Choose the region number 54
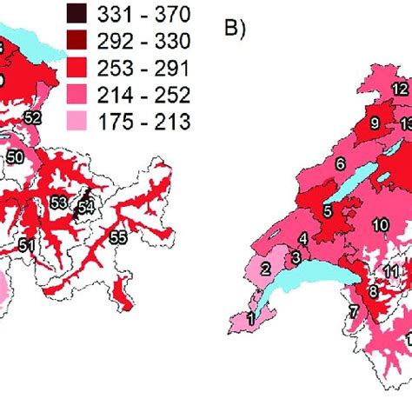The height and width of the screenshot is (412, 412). [85, 207]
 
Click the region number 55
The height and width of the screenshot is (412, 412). [117, 236]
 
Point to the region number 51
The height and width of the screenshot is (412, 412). [27, 246]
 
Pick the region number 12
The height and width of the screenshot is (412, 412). [399, 90]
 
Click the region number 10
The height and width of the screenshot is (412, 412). [381, 225]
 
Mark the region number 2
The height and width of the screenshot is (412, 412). [267, 269]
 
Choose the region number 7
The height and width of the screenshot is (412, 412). [354, 311]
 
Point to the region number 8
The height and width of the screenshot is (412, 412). [373, 293]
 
